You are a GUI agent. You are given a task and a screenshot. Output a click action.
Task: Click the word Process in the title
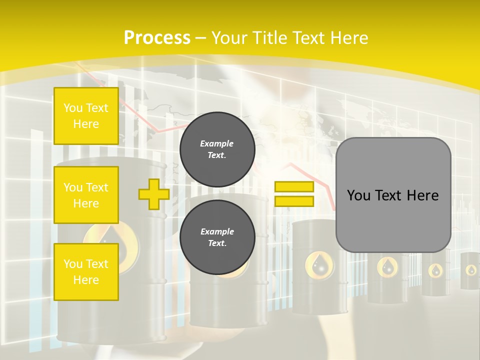157,38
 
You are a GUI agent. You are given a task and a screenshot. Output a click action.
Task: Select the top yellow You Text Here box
86,116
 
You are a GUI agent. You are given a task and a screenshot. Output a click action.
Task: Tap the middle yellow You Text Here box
86,195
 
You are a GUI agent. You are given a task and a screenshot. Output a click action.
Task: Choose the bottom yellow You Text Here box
86,272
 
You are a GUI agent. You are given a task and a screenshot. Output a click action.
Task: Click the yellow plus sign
154,194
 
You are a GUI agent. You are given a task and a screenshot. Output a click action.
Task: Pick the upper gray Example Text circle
217,149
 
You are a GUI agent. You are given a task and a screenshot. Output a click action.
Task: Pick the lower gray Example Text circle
217,237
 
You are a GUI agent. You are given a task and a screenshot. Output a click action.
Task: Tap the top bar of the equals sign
294,187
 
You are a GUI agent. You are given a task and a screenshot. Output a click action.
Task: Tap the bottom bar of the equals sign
294,201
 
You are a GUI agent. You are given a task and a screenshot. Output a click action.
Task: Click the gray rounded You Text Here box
393,195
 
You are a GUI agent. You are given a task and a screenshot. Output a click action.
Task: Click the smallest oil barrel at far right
470,270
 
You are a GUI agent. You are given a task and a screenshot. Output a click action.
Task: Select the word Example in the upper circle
217,143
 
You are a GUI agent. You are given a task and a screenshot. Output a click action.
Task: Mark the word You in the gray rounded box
358,195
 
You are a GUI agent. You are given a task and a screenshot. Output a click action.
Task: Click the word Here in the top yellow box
86,124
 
